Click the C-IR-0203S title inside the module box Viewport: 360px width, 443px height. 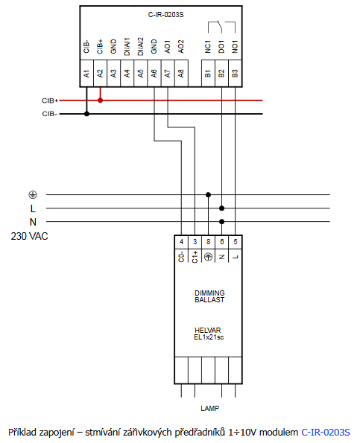click(x=165, y=15)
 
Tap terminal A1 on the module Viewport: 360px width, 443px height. click(x=86, y=74)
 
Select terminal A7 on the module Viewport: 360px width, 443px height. click(x=168, y=74)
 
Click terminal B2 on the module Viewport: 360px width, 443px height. click(x=221, y=74)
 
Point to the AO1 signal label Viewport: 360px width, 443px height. click(x=168, y=47)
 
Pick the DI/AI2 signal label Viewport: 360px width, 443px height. click(x=140, y=46)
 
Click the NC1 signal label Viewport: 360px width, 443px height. click(x=208, y=47)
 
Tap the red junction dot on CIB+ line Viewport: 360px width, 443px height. click(x=100, y=101)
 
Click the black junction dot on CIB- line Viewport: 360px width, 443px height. click(x=86, y=114)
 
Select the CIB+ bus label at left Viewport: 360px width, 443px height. click(x=50, y=101)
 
